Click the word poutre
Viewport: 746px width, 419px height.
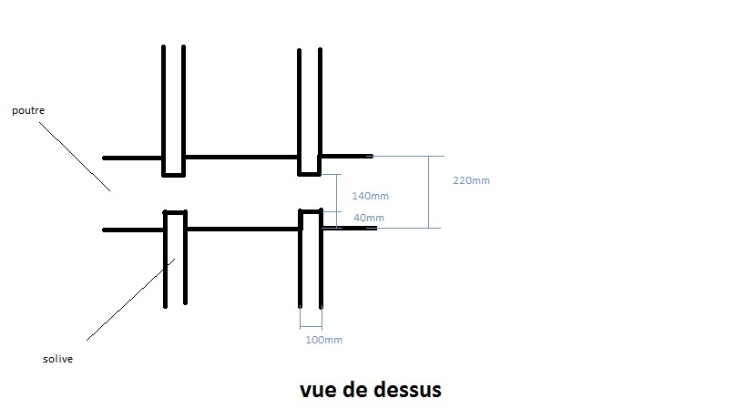coord(28,110)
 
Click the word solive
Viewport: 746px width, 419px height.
coord(57,359)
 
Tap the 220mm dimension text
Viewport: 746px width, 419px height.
coord(471,180)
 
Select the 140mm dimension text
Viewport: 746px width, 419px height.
coord(370,196)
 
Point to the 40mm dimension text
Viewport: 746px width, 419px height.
coord(368,218)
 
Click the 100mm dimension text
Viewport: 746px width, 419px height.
coord(323,340)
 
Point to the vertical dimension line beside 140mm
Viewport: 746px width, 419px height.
coord(338,192)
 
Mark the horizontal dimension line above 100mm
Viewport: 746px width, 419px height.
coord(311,327)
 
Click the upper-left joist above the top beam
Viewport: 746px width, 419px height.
coord(174,100)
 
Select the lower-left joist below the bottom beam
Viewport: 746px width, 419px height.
coord(175,264)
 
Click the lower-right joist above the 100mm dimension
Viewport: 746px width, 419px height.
coord(311,264)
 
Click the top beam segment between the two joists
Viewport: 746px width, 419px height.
coord(241,157)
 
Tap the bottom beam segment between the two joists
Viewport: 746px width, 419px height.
coord(243,230)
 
